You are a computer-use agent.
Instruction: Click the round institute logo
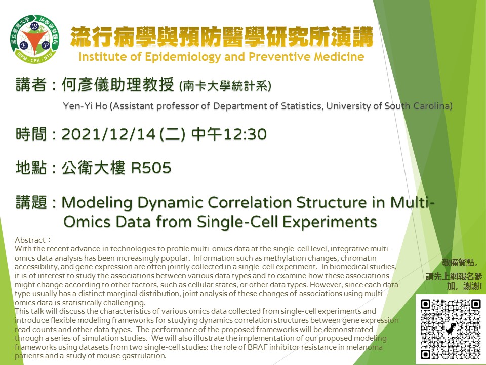(34, 39)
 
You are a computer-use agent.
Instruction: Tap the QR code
(451, 330)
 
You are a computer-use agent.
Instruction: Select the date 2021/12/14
(108, 134)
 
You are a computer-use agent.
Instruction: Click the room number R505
(151, 168)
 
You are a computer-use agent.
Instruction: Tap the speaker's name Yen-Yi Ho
(85, 106)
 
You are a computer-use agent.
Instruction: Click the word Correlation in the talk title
(250, 203)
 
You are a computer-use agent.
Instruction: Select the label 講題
(31, 202)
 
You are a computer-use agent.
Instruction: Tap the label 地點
(31, 168)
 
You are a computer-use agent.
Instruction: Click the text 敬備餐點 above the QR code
(458, 263)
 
